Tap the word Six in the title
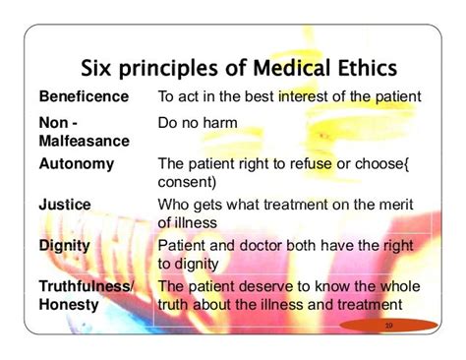click(99, 68)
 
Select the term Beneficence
click(84, 96)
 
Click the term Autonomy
click(77, 163)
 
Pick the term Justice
click(65, 205)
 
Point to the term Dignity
click(66, 245)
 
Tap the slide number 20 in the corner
click(387, 324)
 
